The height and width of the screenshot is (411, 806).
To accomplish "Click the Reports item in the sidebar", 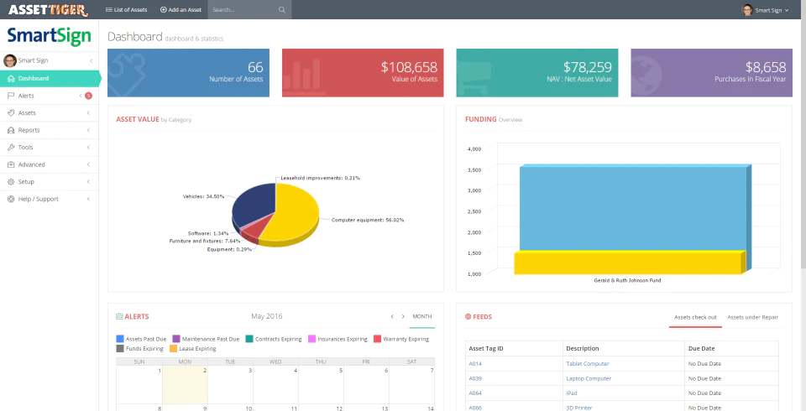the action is click(x=29, y=130).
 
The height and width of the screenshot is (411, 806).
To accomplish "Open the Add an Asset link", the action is click(x=181, y=10).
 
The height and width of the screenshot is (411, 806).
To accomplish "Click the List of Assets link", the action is click(x=127, y=10).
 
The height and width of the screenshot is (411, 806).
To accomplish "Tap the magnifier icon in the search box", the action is click(x=282, y=10).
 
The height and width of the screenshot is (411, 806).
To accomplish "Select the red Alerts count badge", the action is click(x=88, y=96).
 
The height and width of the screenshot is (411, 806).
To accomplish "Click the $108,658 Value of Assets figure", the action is click(x=409, y=67).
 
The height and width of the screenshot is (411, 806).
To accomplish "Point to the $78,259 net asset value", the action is click(x=588, y=67).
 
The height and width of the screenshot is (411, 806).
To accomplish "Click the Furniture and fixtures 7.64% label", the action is click(x=205, y=241).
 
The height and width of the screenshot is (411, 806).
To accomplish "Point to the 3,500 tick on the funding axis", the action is click(x=474, y=169).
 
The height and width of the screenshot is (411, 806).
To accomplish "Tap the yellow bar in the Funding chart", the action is click(x=627, y=263).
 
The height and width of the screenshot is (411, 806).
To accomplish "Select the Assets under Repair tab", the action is click(x=752, y=317).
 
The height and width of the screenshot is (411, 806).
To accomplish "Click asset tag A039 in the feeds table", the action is click(x=475, y=378).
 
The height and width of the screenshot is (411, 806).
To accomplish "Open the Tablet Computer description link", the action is click(x=588, y=364).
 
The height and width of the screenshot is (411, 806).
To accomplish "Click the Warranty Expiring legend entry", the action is click(x=401, y=339).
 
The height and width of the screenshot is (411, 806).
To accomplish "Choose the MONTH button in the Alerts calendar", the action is click(x=422, y=316).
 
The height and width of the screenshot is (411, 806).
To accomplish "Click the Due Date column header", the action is click(x=701, y=348).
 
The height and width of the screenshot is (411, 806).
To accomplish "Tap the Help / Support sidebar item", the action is click(x=33, y=199).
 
